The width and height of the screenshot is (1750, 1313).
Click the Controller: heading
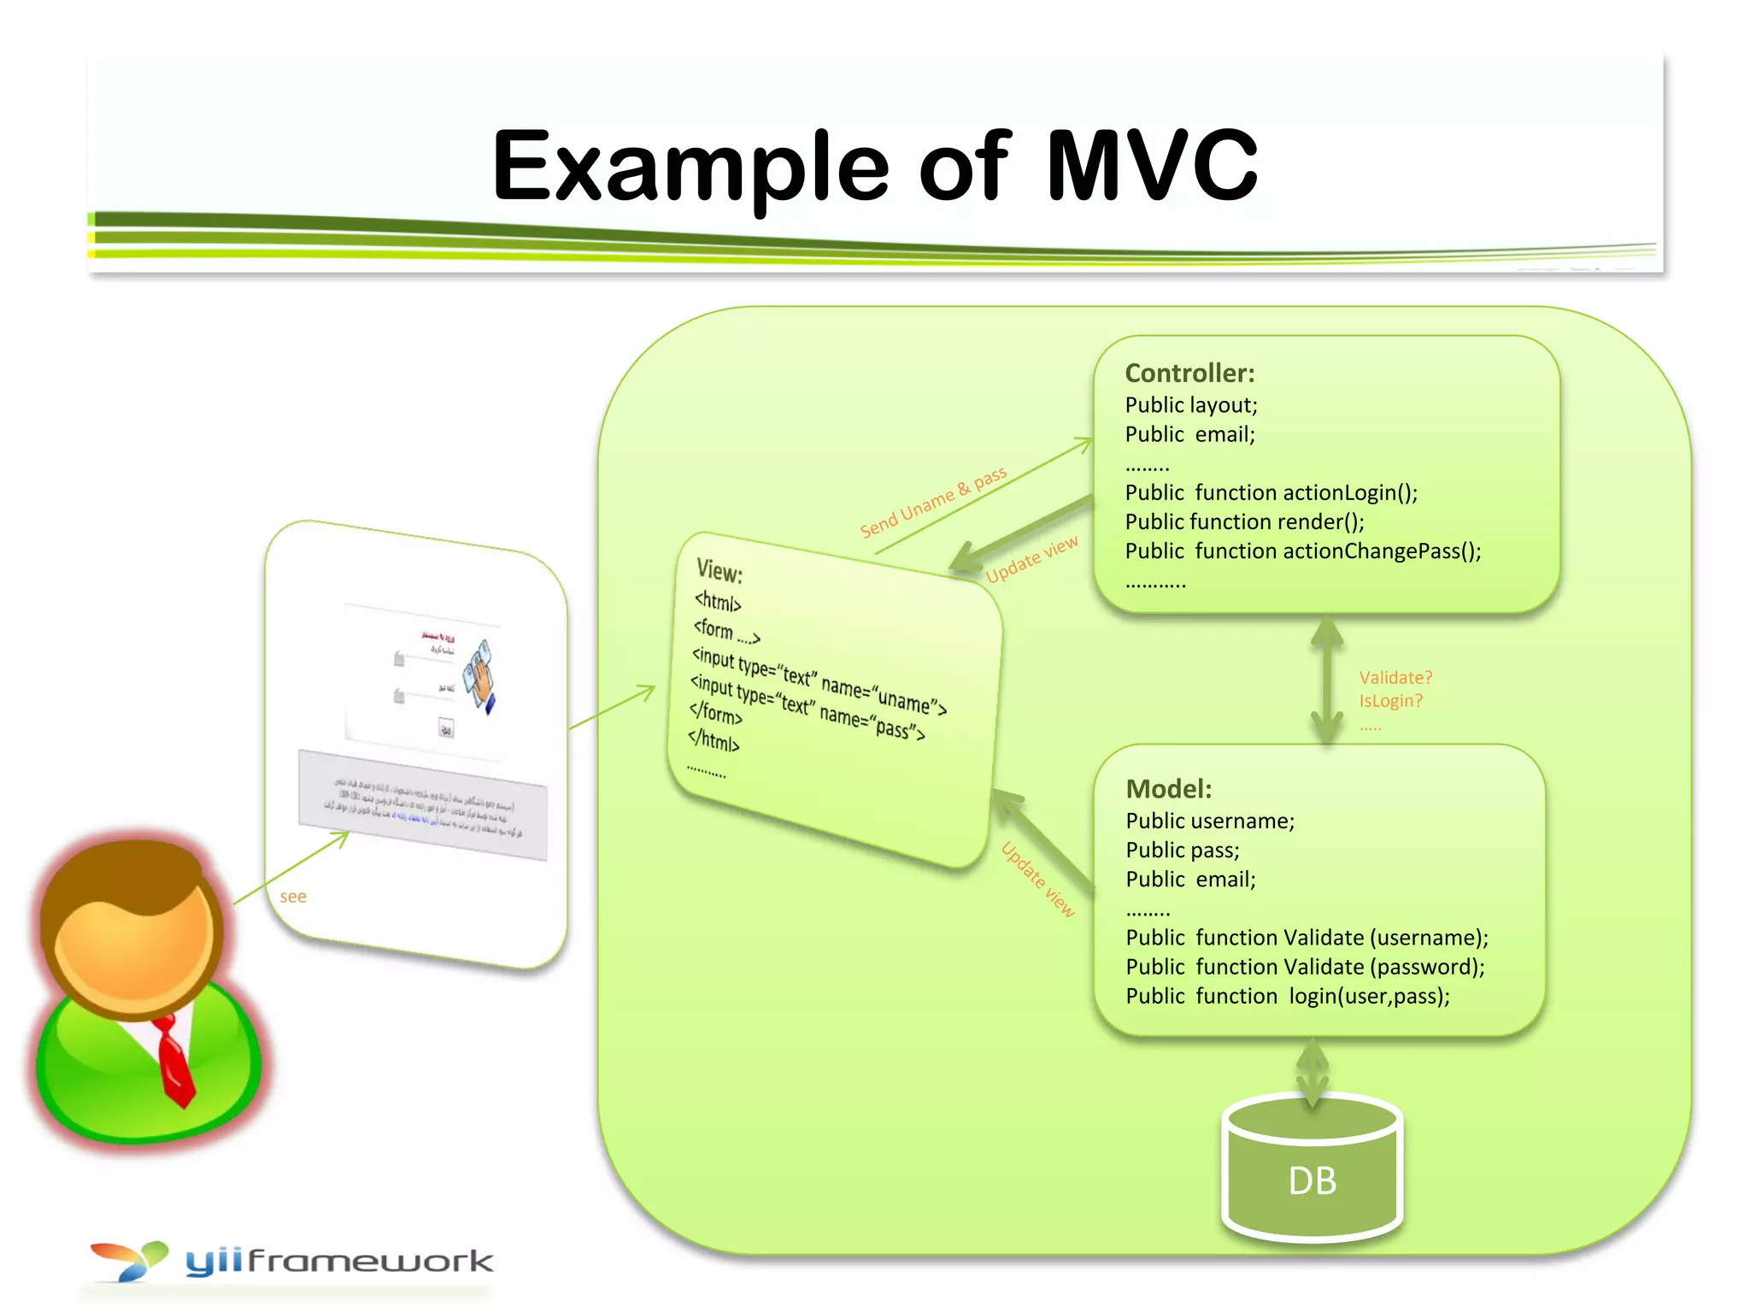click(x=1189, y=374)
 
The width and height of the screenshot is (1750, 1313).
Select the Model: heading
click(x=1168, y=789)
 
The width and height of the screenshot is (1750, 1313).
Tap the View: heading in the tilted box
click(x=719, y=570)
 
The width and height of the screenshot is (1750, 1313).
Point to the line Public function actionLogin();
click(x=1271, y=492)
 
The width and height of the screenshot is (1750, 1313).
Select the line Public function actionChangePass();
click(x=1302, y=551)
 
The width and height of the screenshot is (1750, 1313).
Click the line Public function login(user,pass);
click(x=1287, y=996)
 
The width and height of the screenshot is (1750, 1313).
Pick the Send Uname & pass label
click(x=933, y=502)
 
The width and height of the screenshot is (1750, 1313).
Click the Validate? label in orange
click(x=1395, y=678)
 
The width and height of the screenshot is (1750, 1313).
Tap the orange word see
click(x=292, y=897)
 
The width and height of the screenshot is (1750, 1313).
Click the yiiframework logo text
click(x=339, y=1261)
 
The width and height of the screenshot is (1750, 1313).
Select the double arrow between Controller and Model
click(x=1327, y=680)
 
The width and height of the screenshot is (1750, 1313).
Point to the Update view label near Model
click(x=1037, y=879)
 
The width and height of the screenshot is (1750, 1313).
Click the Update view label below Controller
click(x=1031, y=560)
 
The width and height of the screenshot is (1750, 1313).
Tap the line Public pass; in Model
click(x=1182, y=851)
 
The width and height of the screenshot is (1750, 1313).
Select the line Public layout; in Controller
click(x=1190, y=405)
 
